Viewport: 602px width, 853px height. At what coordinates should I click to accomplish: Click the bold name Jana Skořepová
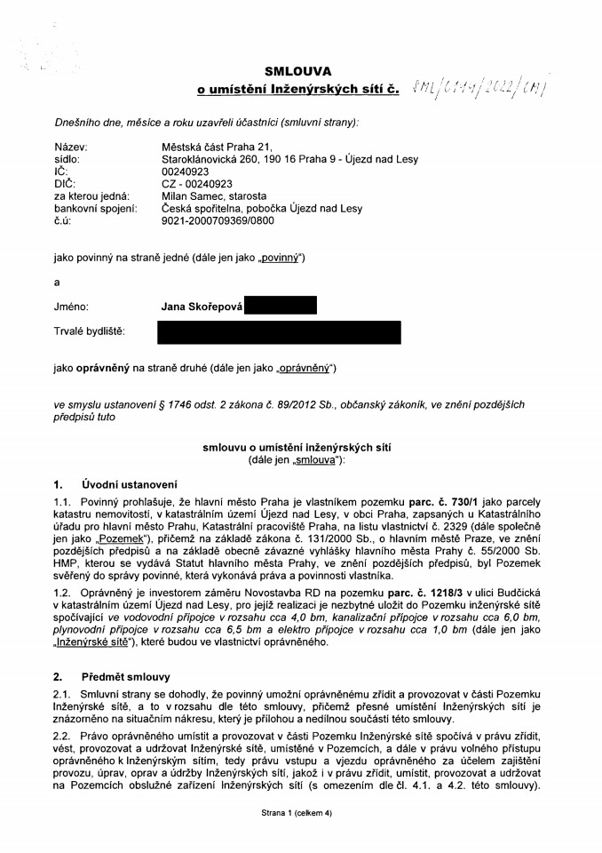pyautogui.click(x=202, y=307)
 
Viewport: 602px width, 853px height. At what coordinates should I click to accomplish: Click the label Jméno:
pyautogui.click(x=72, y=307)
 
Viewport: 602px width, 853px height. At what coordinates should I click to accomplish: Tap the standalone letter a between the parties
pyautogui.click(x=57, y=282)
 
